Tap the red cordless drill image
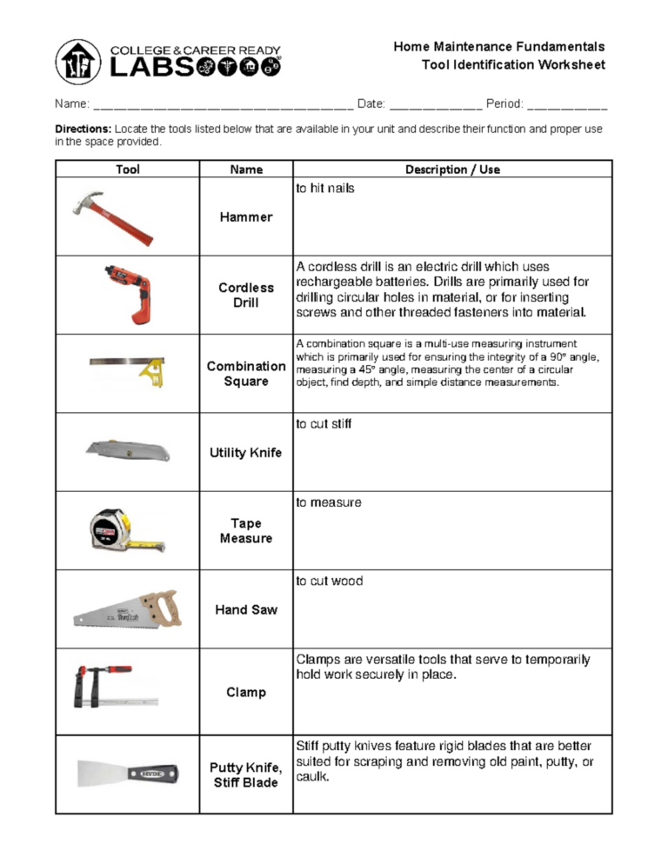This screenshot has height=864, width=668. pos(128,292)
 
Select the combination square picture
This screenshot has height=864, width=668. pos(128,368)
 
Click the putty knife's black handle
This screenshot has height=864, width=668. pos(154,771)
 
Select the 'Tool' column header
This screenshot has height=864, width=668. pos(128,169)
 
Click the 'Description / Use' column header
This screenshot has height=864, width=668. pos(452,169)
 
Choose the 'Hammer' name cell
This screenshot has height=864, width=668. pos(246,217)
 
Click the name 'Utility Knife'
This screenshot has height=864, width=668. pos(246,453)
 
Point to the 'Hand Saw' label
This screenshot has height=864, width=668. pos(246,610)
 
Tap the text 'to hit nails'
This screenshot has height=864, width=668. pos(325,189)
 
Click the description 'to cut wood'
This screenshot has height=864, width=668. pos(330,582)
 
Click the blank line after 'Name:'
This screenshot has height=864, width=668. pos(222,105)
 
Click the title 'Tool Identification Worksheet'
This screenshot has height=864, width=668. pos(513,65)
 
